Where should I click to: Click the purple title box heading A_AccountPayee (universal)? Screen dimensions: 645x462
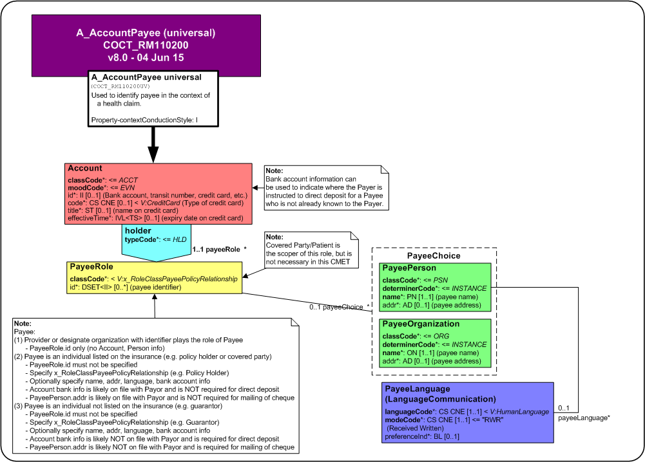(x=146, y=33)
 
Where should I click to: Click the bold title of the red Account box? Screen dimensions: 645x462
(x=85, y=168)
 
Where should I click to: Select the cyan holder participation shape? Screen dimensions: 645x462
(x=157, y=243)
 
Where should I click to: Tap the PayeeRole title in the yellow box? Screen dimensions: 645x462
(x=91, y=266)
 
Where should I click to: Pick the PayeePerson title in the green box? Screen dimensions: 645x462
(x=409, y=268)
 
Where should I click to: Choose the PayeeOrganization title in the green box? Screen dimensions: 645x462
(x=421, y=324)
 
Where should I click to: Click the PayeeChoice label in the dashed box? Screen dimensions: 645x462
(x=434, y=255)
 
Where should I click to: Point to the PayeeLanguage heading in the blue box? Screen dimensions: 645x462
(x=418, y=389)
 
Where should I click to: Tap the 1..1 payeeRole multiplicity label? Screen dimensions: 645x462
(x=219, y=249)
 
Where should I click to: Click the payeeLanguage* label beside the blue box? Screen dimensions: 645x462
(x=584, y=418)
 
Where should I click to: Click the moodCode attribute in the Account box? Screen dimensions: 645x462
(x=101, y=188)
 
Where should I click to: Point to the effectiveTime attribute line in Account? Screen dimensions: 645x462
(x=155, y=218)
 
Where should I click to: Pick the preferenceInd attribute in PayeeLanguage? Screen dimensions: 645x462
(x=422, y=436)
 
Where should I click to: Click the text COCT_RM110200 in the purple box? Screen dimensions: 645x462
(x=146, y=45)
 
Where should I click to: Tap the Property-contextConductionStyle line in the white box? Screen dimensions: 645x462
(x=144, y=120)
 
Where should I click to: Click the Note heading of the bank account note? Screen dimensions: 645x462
(x=274, y=171)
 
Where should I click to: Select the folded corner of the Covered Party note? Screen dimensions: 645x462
(x=354, y=236)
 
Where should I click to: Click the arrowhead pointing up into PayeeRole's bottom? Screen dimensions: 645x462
(x=155, y=297)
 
